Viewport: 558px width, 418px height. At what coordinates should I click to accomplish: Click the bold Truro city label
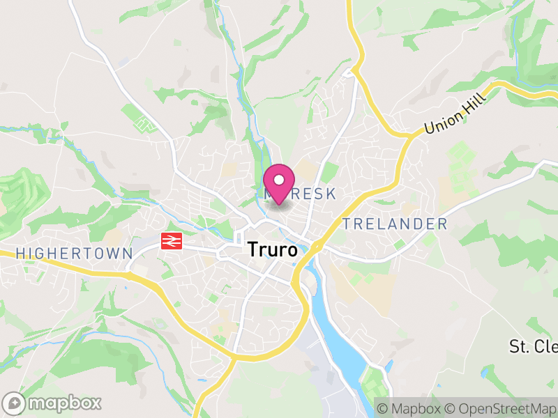click(x=272, y=250)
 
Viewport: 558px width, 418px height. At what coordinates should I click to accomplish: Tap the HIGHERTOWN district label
click(x=74, y=254)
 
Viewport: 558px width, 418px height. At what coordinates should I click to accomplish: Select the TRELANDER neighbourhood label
click(x=395, y=224)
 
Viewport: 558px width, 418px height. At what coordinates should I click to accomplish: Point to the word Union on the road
click(x=440, y=125)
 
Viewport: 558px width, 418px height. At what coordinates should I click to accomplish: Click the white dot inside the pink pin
click(x=279, y=180)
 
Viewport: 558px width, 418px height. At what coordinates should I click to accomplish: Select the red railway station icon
click(x=172, y=241)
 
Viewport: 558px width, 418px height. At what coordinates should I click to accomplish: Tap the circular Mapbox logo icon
click(x=15, y=403)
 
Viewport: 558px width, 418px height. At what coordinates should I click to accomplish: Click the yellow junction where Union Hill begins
click(x=404, y=134)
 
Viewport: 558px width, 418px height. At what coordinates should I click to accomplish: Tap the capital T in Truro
click(x=252, y=250)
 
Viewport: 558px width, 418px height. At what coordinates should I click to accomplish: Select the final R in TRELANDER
click(x=442, y=224)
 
